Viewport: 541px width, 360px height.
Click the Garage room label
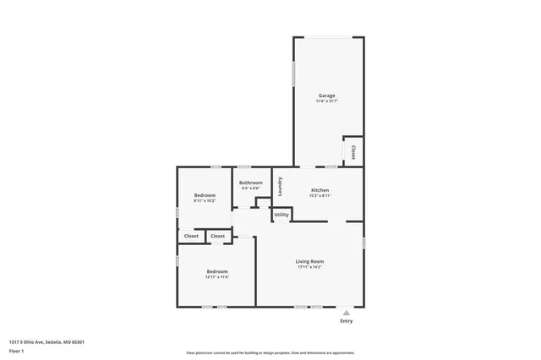[326, 95]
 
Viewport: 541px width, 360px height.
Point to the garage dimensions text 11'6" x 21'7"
[326, 101]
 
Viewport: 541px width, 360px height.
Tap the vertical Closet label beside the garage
[352, 152]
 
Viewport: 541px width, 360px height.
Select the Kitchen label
[320, 190]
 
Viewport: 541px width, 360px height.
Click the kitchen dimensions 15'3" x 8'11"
[320, 196]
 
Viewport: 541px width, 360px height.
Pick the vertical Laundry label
[279, 185]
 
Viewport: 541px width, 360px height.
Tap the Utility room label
[281, 215]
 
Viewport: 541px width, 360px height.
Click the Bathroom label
[250, 183]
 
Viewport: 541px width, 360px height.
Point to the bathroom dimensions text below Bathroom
[250, 188]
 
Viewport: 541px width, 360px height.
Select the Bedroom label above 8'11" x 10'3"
[205, 195]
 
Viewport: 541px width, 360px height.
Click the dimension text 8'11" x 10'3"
[205, 201]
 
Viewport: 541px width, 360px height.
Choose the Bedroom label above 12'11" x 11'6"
[217, 270]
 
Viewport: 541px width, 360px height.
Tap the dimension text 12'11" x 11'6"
[217, 276]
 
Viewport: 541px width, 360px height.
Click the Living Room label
[309, 261]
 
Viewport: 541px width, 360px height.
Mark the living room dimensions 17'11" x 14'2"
[309, 267]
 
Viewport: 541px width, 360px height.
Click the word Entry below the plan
[347, 321]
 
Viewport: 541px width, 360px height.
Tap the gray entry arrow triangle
[347, 312]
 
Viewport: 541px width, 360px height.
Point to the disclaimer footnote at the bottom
[270, 352]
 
